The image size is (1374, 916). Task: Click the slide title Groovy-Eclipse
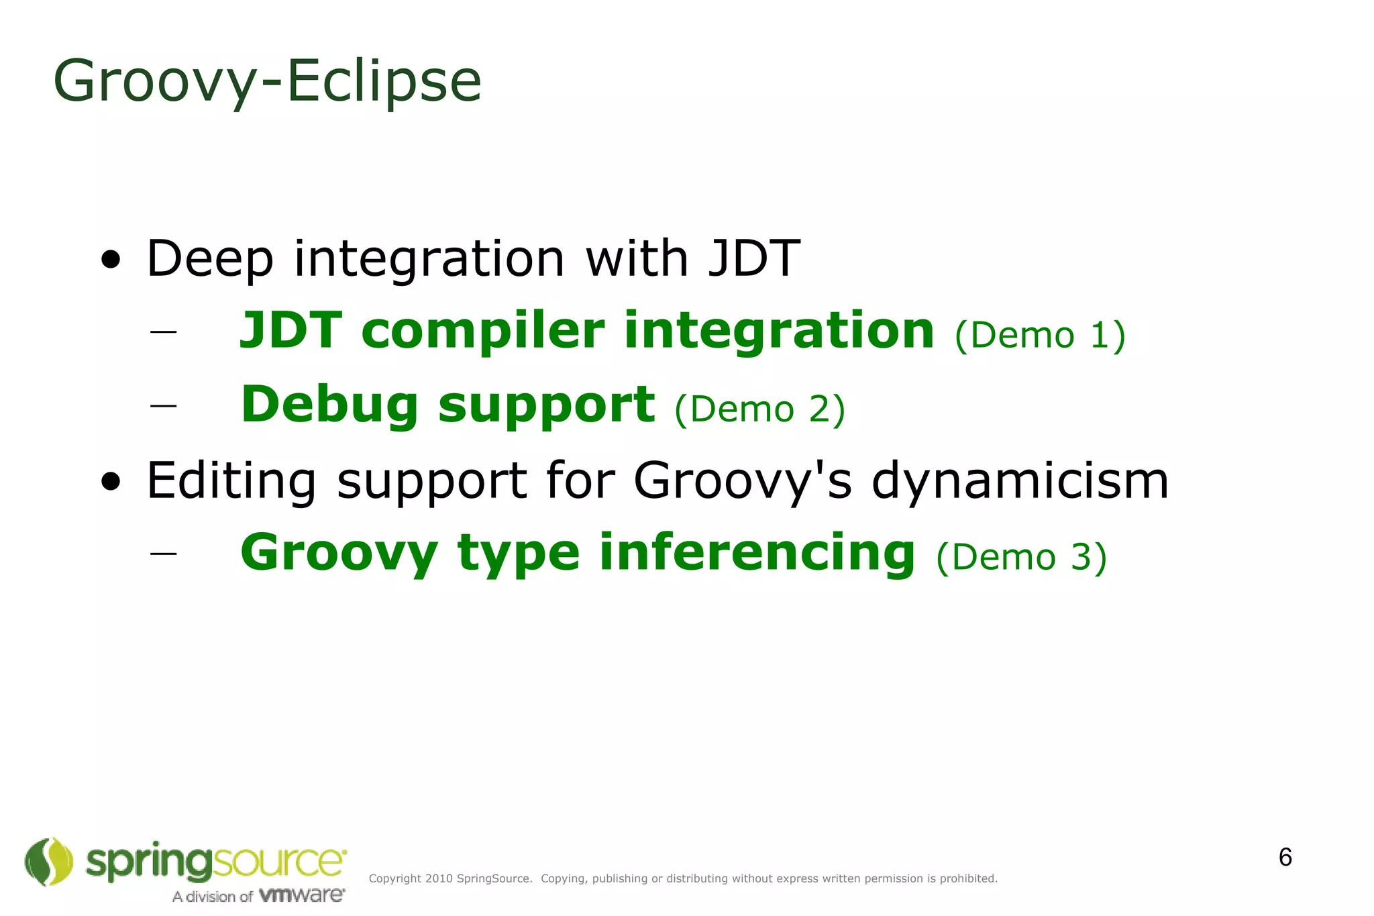[x=267, y=82]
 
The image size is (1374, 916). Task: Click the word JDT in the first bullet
[x=754, y=258]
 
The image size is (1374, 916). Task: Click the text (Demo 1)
[x=1039, y=335]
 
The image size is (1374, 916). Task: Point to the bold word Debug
[x=329, y=405]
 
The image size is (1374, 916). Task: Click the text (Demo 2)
[x=759, y=409]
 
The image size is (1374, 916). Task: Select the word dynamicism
[x=1020, y=481]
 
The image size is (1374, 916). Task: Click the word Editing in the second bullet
[x=231, y=481]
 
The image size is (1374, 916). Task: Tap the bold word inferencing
[x=757, y=553]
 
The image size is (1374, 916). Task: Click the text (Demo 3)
[x=1021, y=557]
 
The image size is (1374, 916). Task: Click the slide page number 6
[x=1285, y=858]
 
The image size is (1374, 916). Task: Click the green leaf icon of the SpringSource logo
[x=48, y=862]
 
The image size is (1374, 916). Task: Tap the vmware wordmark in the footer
[x=301, y=895]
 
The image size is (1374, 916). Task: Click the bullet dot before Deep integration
[x=111, y=260]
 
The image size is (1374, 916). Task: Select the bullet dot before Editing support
[x=111, y=481]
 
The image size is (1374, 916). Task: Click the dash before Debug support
[x=164, y=405]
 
